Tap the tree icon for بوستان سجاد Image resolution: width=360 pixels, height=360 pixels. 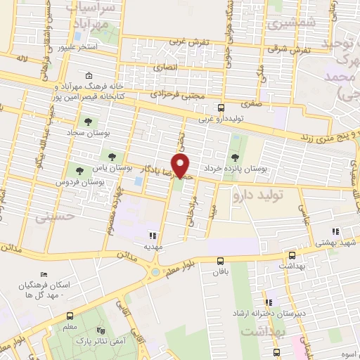(88, 122)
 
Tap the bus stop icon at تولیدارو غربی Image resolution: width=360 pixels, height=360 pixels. (221, 108)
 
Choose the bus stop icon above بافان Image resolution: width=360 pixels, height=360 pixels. (221, 262)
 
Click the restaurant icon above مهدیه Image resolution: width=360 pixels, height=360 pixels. (153, 236)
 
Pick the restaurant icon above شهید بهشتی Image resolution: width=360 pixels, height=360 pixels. (335, 231)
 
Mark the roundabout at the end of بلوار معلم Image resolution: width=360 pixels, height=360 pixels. (154, 271)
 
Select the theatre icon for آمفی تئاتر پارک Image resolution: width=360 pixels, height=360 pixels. (99, 330)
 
